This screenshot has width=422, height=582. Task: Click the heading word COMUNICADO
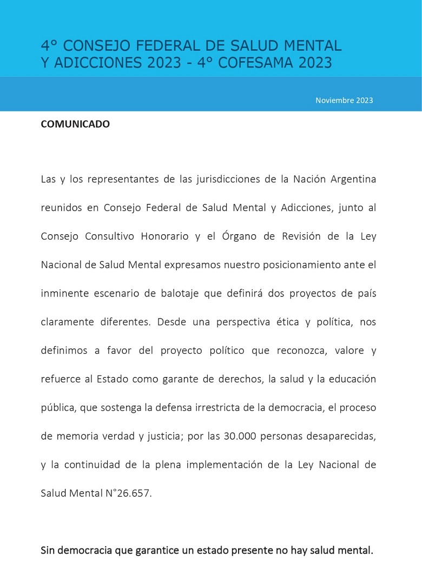pos(75,124)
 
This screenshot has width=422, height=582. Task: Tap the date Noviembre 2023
pos(344,100)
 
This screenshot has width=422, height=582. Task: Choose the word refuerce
pos(59,379)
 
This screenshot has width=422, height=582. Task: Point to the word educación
pos(349,379)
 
